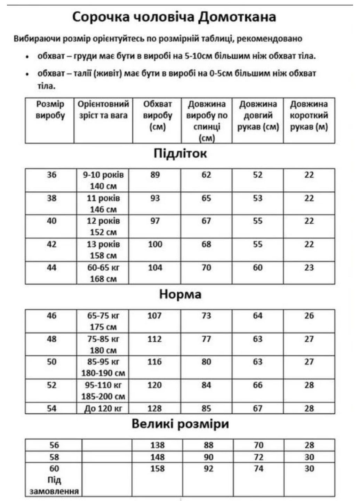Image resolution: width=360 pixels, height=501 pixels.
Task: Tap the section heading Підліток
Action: coord(180,153)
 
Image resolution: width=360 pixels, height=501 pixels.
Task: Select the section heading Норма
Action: coord(180,294)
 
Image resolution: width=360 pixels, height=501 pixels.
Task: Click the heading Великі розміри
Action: coord(180,424)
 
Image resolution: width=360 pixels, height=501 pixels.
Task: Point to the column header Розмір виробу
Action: coord(50,110)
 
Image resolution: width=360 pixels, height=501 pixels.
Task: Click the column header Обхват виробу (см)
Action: coord(157,116)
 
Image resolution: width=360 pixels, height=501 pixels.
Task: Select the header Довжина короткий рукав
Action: coord(309,116)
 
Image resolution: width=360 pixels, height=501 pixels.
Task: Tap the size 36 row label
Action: coord(51,175)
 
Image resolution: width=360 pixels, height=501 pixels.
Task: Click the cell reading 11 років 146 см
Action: coord(103,204)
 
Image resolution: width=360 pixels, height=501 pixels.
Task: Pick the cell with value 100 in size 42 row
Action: coord(155,244)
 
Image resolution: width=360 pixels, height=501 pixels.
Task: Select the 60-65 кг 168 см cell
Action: coord(103,273)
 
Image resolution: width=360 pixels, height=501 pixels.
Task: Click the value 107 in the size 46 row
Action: coord(154,316)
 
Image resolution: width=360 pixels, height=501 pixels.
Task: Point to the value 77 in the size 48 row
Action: coord(206,339)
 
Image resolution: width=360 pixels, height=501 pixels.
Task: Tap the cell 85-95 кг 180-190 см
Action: coord(103,367)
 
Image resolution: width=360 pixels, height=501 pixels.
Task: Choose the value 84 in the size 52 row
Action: coord(206,385)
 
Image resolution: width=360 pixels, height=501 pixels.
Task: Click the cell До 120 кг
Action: coord(103,408)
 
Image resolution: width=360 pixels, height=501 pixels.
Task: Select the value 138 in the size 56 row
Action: coord(157,445)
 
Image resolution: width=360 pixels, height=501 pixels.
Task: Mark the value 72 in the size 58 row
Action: coord(258,457)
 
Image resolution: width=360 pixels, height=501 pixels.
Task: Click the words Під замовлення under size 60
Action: coord(54,486)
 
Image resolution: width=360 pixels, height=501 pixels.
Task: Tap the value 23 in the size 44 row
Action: coord(309,268)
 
